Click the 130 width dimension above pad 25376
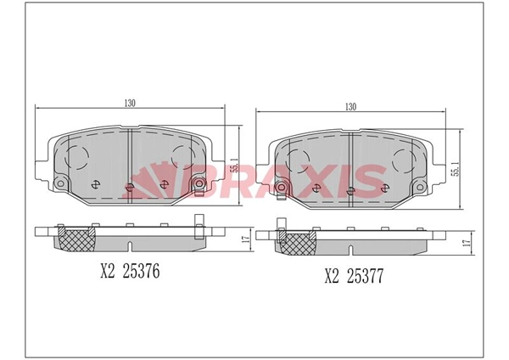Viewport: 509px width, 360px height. pyautogui.click(x=130, y=103)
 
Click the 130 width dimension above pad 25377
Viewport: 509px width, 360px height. pyautogui.click(x=350, y=107)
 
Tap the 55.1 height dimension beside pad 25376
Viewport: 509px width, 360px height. pyautogui.click(x=234, y=165)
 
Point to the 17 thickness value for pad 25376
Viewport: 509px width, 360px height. pyautogui.click(x=246, y=239)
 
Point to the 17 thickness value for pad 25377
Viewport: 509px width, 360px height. pyautogui.click(x=467, y=243)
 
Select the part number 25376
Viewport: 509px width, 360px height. pyautogui.click(x=141, y=271)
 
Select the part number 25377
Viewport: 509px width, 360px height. pyautogui.click(x=365, y=276)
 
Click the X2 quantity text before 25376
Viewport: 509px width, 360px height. pyautogui.click(x=108, y=271)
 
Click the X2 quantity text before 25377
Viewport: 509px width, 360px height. pyautogui.click(x=332, y=276)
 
